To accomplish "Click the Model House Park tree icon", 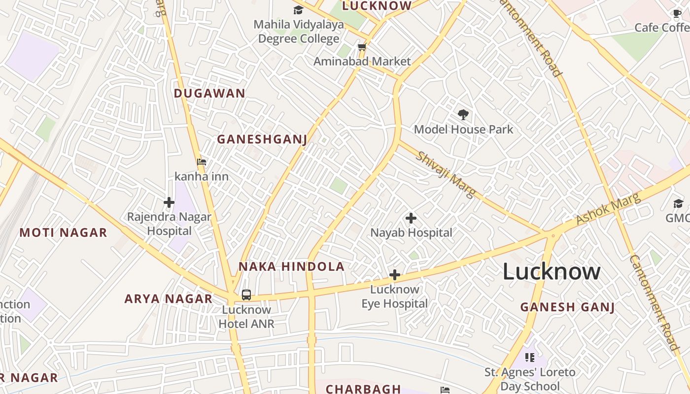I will click(463, 115).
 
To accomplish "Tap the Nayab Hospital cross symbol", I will click(411, 218).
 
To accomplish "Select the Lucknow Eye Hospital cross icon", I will click(394, 275).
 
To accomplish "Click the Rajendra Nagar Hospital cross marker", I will click(169, 202).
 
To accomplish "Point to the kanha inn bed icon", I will click(201, 162).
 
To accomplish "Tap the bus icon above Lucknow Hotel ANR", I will click(246, 295).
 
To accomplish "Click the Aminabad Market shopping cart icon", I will click(362, 47).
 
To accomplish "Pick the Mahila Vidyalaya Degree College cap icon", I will click(298, 10).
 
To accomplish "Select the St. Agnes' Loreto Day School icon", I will click(530, 357).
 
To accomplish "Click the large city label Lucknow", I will click(552, 271).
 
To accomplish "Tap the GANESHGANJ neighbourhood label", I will click(262, 139).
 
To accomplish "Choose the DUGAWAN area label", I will click(209, 93).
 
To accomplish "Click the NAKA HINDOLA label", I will click(291, 267).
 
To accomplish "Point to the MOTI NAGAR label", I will click(63, 233).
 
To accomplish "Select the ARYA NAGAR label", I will click(168, 299).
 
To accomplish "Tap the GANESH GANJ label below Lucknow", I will click(567, 307).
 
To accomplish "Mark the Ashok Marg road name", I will click(608, 209).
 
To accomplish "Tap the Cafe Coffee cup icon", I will click(678, 14).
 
